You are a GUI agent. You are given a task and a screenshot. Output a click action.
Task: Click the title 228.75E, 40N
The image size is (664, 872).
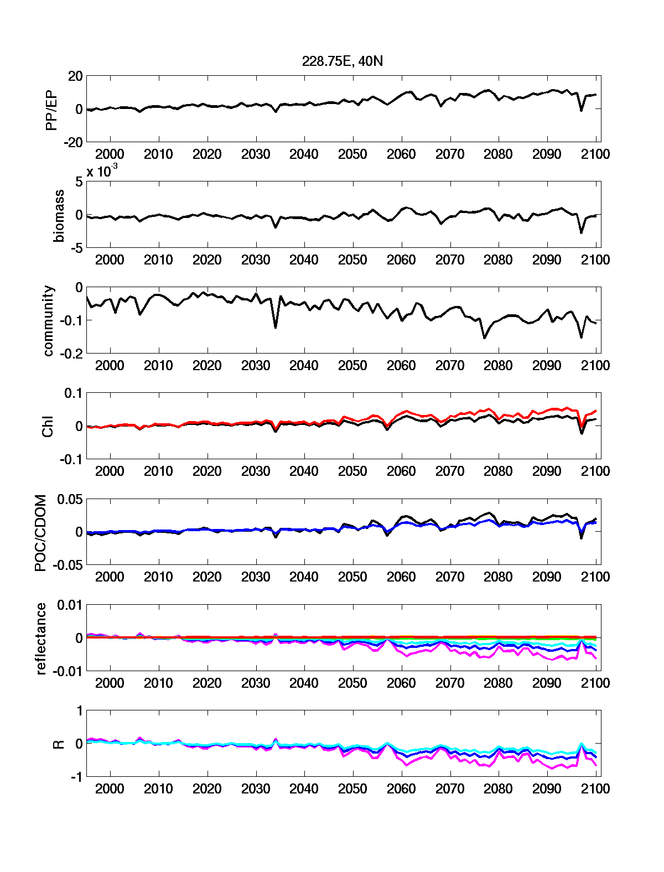click(342, 61)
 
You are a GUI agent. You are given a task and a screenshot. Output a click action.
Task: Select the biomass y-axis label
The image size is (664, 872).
click(58, 216)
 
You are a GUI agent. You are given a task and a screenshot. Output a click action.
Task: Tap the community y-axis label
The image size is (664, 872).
click(49, 321)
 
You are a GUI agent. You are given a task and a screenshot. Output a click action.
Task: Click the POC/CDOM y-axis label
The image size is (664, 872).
click(41, 533)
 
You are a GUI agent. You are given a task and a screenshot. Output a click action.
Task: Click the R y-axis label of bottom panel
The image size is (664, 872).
click(58, 745)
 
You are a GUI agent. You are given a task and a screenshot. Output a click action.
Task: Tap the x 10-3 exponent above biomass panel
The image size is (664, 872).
click(102, 172)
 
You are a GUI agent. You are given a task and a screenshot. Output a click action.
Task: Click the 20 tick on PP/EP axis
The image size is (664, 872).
click(75, 76)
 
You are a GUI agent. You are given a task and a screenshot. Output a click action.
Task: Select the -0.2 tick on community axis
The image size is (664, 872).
click(71, 354)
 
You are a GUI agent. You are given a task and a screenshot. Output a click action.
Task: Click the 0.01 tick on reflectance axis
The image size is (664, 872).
click(70, 605)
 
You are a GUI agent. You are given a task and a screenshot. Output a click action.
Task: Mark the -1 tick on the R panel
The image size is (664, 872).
click(76, 777)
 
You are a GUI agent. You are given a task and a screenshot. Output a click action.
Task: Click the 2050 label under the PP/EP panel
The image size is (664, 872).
click(352, 154)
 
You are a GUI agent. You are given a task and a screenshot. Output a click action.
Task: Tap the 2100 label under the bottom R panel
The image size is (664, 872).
click(595, 789)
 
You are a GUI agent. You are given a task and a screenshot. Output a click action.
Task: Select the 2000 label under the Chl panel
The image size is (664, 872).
click(110, 471)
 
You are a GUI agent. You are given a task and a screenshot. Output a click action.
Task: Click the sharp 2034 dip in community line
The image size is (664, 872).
click(276, 328)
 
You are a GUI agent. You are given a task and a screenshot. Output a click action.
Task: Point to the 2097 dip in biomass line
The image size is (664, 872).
click(581, 232)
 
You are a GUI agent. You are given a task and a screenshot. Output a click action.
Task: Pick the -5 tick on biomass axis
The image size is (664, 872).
click(76, 248)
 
